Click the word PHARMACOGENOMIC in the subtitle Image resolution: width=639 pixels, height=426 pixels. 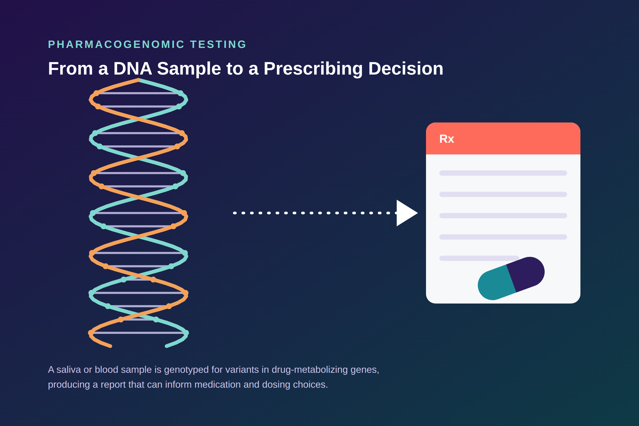pyautogui.click(x=116, y=44)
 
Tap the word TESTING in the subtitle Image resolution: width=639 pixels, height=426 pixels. pyautogui.click(x=218, y=44)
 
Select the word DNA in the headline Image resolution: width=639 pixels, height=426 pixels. pyautogui.click(x=133, y=68)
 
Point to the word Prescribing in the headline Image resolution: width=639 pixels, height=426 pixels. pyautogui.click(x=313, y=68)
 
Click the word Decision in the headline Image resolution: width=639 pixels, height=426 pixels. pyautogui.click(x=406, y=68)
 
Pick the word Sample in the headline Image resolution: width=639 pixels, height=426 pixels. pyautogui.click(x=189, y=68)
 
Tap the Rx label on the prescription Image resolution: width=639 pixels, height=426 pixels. pyautogui.click(x=447, y=139)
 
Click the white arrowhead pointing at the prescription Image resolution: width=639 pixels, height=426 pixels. pyautogui.click(x=406, y=213)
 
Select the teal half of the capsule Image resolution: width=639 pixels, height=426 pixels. pyautogui.click(x=496, y=283)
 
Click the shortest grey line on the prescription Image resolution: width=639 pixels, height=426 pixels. pyautogui.click(x=479, y=258)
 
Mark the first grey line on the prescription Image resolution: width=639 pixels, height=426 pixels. pyautogui.click(x=503, y=173)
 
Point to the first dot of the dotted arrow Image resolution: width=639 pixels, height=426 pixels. pyautogui.click(x=235, y=213)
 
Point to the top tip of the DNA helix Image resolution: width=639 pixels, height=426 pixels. pyautogui.click(x=138, y=80)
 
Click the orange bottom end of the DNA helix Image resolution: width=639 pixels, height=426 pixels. pyautogui.click(x=110, y=346)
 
